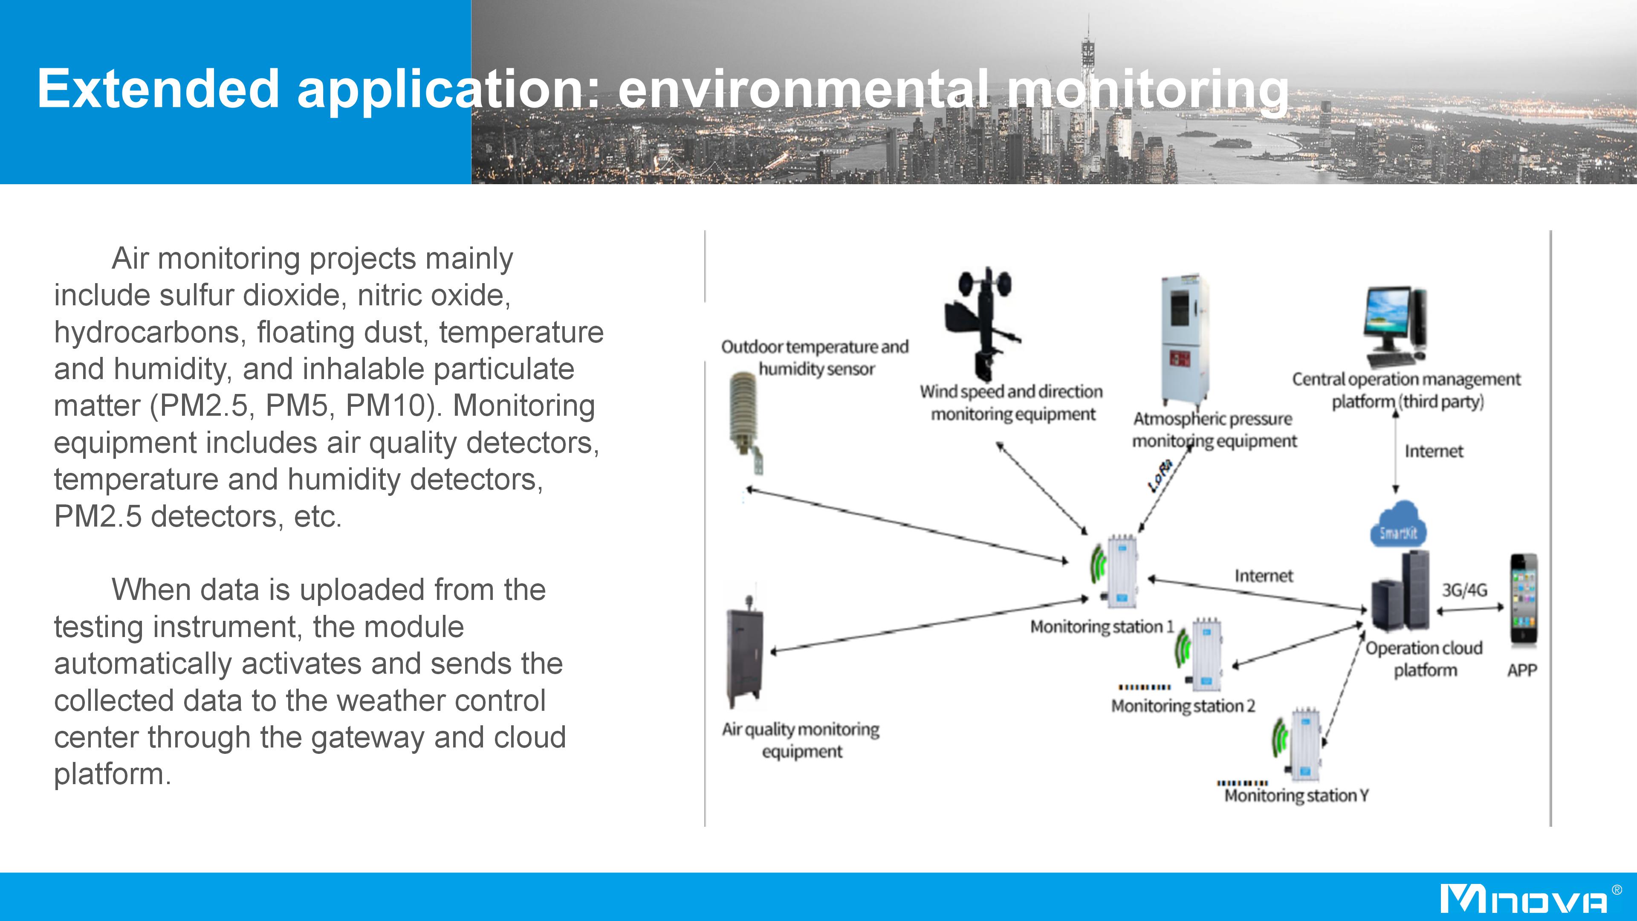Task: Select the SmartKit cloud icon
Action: tap(1397, 525)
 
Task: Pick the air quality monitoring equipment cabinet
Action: tap(744, 655)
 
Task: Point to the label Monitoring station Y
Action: tap(1296, 796)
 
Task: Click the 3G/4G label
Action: tap(1464, 591)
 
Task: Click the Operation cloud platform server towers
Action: tap(1400, 591)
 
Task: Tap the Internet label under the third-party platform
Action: tap(1434, 451)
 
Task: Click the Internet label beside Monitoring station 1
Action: tap(1263, 576)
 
